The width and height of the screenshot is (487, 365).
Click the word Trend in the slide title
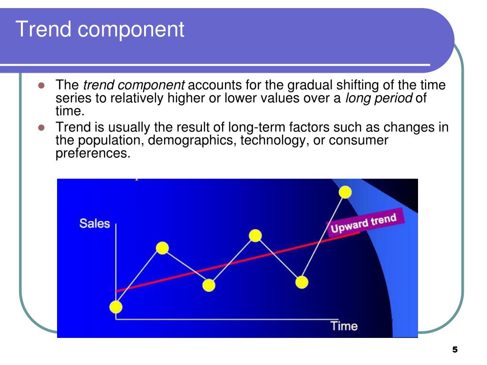click(x=43, y=29)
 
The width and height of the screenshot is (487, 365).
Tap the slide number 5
click(x=455, y=350)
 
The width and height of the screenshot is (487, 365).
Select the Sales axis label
click(x=95, y=223)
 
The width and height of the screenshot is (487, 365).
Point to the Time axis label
click(x=344, y=326)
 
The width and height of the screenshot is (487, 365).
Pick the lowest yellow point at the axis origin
click(x=116, y=307)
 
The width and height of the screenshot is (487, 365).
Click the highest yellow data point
click(x=345, y=192)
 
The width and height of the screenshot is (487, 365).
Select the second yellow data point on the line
click(x=162, y=248)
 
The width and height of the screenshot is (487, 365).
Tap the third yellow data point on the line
click(x=209, y=285)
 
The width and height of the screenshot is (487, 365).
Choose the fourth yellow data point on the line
click(x=255, y=236)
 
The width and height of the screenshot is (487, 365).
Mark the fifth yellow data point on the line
click(x=302, y=282)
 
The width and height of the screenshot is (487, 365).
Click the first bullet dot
click(x=41, y=86)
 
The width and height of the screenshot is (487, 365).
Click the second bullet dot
click(x=41, y=127)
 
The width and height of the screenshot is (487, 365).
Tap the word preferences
click(x=93, y=154)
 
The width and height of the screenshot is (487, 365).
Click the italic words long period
click(x=379, y=98)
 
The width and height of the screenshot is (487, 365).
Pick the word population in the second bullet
click(x=111, y=141)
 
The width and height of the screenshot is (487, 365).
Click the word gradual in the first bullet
click(x=310, y=86)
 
